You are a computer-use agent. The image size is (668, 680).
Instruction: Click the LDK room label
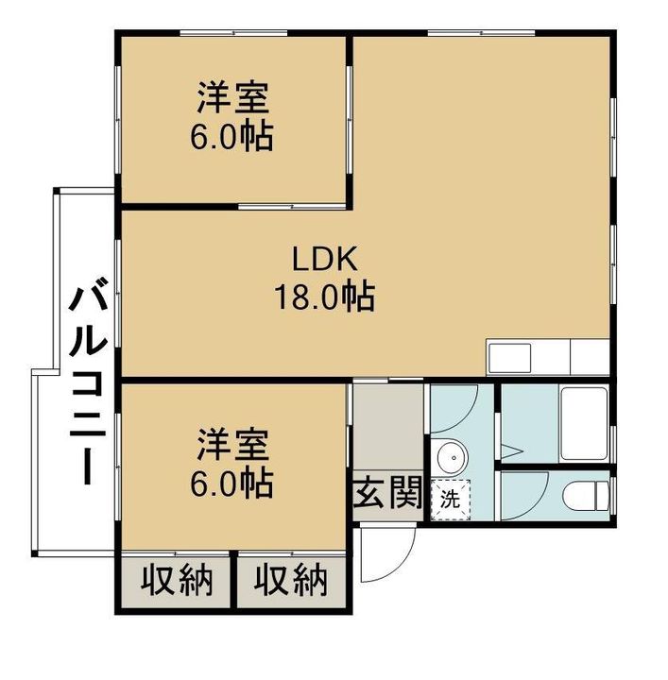point(325,259)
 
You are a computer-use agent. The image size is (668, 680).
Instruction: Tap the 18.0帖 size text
point(325,297)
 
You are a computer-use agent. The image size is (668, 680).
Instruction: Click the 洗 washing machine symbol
point(451,500)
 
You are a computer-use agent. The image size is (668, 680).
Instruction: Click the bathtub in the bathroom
point(584,424)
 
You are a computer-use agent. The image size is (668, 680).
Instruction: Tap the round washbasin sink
point(453,457)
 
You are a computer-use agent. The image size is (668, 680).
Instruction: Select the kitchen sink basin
point(510,358)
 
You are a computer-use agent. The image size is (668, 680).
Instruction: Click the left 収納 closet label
point(177,580)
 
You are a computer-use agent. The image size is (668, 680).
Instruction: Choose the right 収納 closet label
point(291,580)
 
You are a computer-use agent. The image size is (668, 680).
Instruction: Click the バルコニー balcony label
point(88,382)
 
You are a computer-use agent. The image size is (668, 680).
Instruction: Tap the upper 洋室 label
point(233,97)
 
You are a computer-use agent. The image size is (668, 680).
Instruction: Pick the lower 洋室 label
point(233,445)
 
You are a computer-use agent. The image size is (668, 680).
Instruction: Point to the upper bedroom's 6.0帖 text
point(232,136)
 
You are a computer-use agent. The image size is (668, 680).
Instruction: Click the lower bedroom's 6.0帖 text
point(232,483)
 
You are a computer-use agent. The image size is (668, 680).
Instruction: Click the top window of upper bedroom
point(233,33)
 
